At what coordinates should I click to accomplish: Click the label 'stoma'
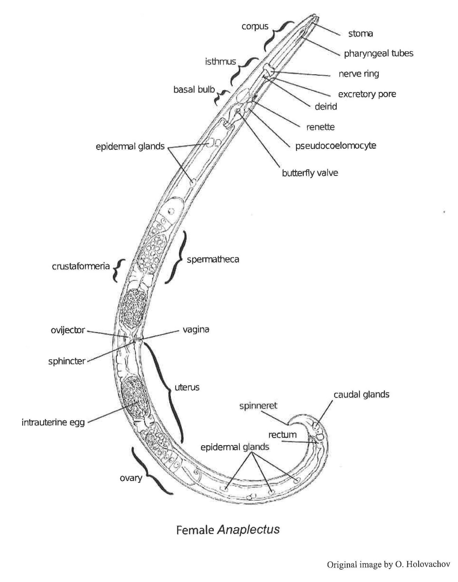[360, 34]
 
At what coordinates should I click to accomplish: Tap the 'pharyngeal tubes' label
[378, 54]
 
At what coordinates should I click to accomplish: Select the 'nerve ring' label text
[358, 74]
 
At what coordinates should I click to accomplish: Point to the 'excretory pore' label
[367, 94]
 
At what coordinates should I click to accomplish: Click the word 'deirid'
[326, 107]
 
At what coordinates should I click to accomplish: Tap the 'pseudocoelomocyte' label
[336, 146]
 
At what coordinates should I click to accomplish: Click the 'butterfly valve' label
[310, 173]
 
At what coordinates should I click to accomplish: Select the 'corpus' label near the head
[255, 27]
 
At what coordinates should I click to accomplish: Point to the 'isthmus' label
[221, 62]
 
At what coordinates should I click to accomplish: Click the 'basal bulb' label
[194, 89]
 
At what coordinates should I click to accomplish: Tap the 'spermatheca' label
[213, 259]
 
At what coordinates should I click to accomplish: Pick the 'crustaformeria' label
[81, 266]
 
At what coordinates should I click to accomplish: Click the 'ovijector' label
[68, 330]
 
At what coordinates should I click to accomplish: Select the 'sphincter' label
[67, 361]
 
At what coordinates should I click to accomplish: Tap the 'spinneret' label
[258, 406]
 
